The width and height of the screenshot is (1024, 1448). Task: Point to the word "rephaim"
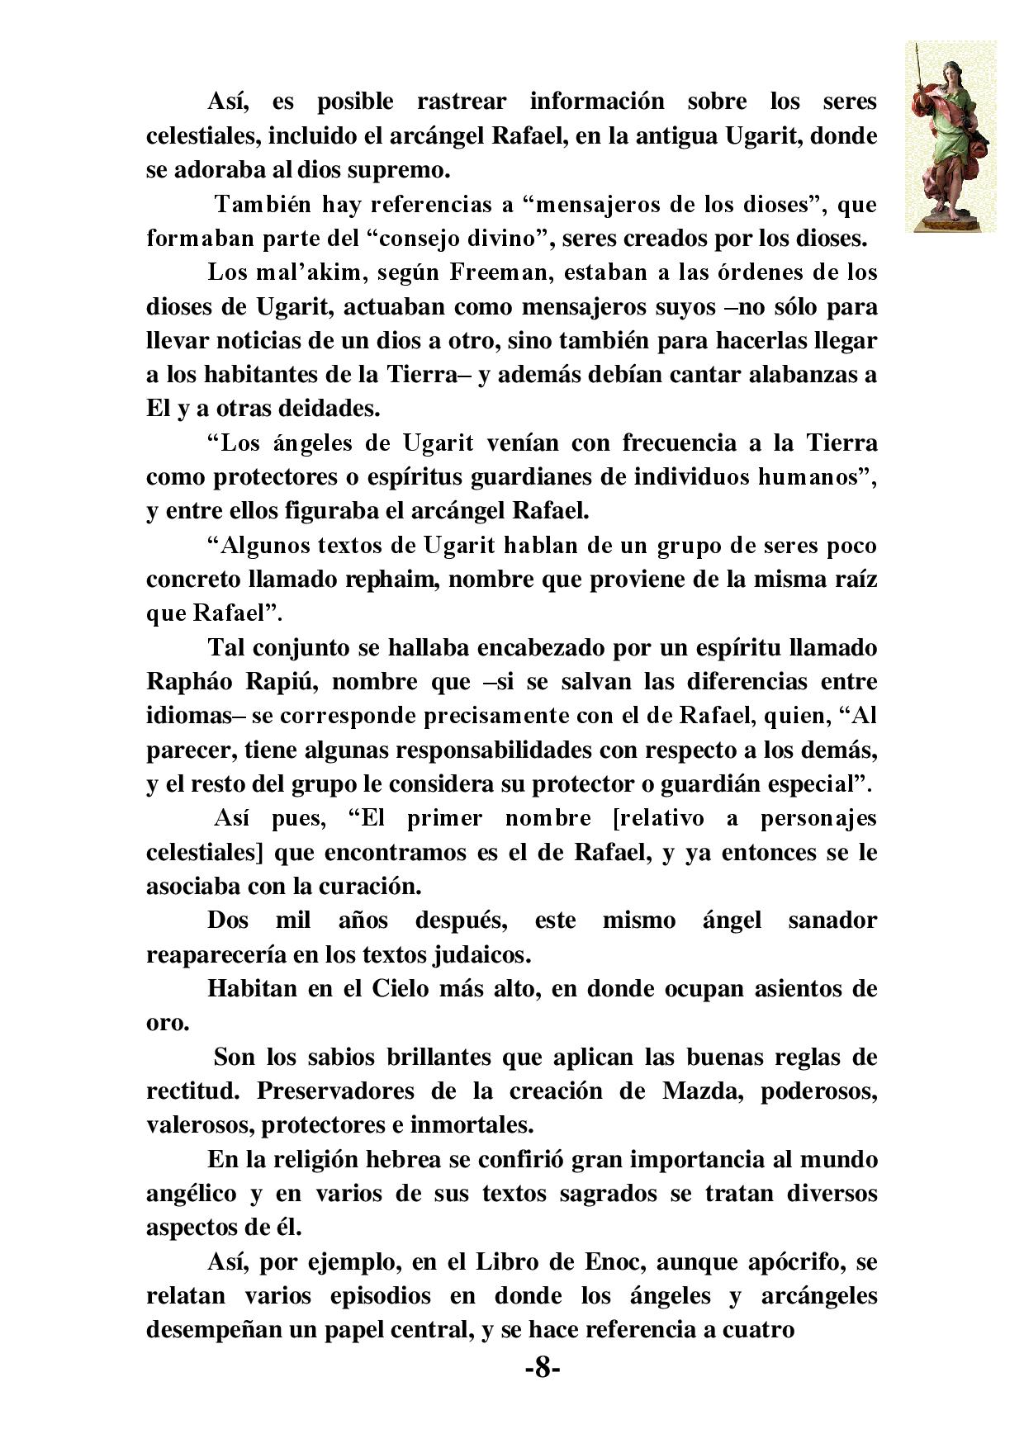point(396,580)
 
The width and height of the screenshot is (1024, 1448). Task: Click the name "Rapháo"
point(187,683)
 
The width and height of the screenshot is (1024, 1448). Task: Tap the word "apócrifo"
point(799,1262)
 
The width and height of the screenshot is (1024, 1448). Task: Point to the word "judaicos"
point(481,955)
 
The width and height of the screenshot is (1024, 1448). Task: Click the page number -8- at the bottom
point(543,1369)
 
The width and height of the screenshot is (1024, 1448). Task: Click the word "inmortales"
point(474,1124)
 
